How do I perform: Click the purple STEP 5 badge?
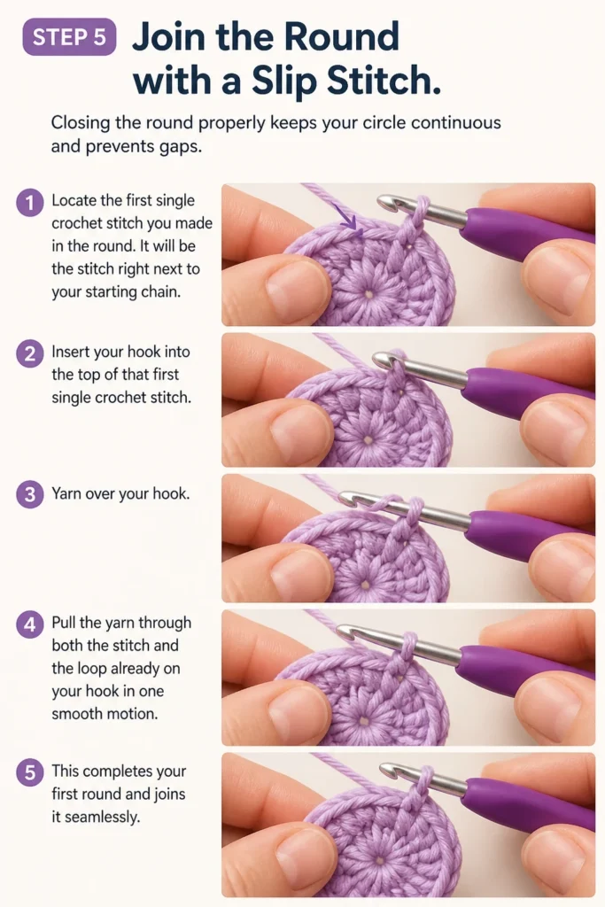[x=69, y=37]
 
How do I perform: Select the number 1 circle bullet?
[x=29, y=203]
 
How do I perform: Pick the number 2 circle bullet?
[x=29, y=353]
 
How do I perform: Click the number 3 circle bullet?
[x=29, y=495]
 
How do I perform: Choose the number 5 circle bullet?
[x=29, y=772]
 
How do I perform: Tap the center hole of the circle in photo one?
[x=368, y=294]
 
